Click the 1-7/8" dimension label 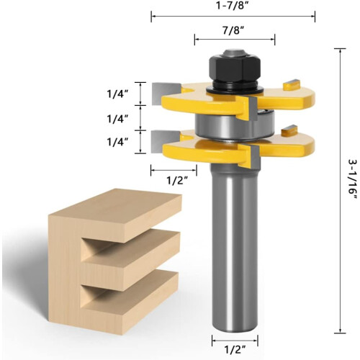pos(232,6)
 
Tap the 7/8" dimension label pos(233,31)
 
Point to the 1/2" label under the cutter pos(177,180)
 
